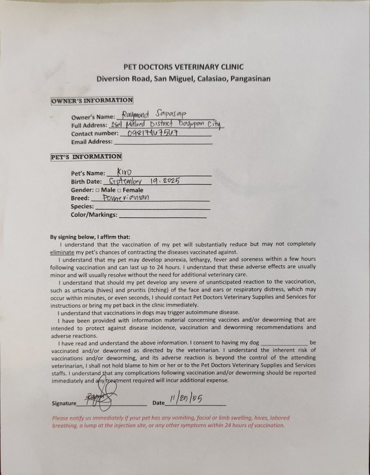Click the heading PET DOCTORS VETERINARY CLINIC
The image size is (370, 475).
pyautogui.click(x=183, y=67)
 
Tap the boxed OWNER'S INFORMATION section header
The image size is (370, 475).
pyautogui.click(x=92, y=100)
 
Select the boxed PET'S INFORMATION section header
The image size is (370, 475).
pyautogui.click(x=86, y=157)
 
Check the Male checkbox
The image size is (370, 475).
pyautogui.click(x=97, y=190)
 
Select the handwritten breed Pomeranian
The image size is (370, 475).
pyautogui.click(x=125, y=198)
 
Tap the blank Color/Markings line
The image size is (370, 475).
pyautogui.click(x=163, y=216)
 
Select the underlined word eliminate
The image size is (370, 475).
pyautogui.click(x=63, y=252)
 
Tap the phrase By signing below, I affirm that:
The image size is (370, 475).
pyautogui.click(x=90, y=237)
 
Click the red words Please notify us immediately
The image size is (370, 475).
pyautogui.click(x=84, y=418)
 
